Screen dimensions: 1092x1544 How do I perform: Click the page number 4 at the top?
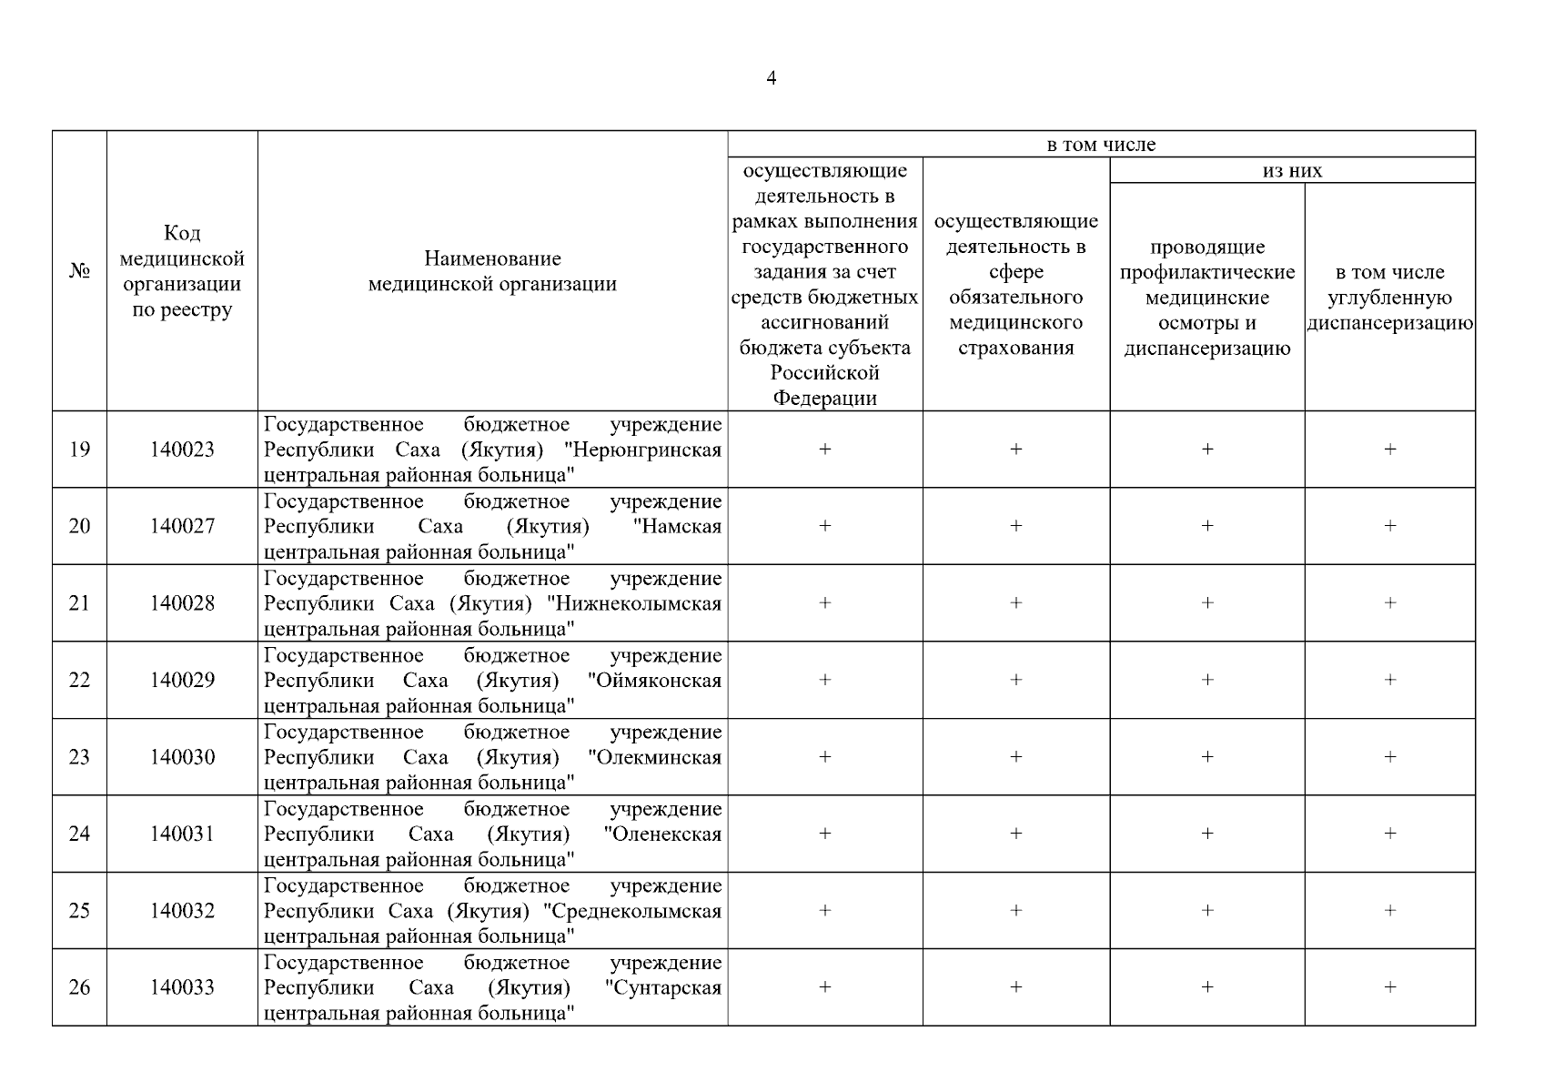click(x=771, y=78)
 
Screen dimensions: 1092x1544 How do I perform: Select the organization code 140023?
click(x=182, y=450)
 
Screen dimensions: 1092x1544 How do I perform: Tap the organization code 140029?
click(x=182, y=681)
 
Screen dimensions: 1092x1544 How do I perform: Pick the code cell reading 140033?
click(x=182, y=988)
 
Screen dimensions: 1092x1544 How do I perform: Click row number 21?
click(x=79, y=603)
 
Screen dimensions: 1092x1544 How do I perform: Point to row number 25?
click(x=79, y=911)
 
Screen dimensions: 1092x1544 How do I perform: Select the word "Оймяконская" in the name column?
click(x=654, y=681)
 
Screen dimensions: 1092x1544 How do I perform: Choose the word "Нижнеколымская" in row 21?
click(x=634, y=604)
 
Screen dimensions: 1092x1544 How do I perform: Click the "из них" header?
click(x=1292, y=171)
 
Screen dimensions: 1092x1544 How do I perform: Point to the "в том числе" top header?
click(x=1101, y=145)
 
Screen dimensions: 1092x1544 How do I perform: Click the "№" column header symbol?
click(x=79, y=272)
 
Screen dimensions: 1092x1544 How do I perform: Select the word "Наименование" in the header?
click(x=492, y=259)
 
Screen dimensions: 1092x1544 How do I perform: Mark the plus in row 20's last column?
click(x=1389, y=526)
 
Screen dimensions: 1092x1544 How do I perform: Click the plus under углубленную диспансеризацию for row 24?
click(x=1389, y=834)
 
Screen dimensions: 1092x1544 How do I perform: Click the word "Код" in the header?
click(x=182, y=234)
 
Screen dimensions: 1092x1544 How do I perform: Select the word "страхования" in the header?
click(x=1015, y=349)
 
